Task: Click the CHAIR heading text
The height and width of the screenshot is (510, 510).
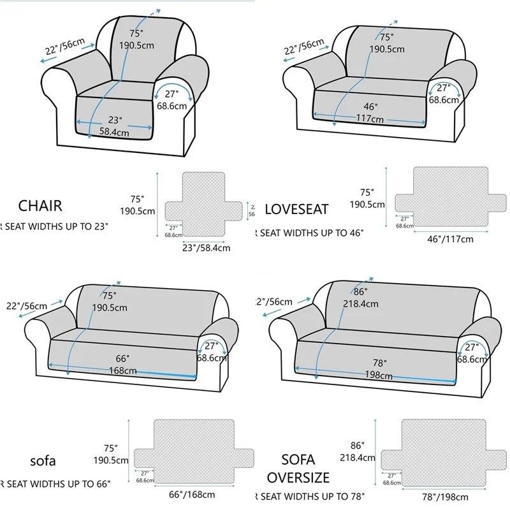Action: pyautogui.click(x=40, y=206)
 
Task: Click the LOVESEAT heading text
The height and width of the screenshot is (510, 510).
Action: pyautogui.click(x=296, y=209)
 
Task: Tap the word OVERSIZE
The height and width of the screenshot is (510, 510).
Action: pyautogui.click(x=298, y=477)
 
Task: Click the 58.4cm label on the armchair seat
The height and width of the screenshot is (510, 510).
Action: pyautogui.click(x=114, y=133)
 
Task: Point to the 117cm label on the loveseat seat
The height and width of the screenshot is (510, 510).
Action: pyautogui.click(x=369, y=119)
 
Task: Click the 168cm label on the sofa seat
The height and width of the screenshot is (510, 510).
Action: pyautogui.click(x=122, y=370)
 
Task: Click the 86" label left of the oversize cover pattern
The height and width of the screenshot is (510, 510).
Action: pyautogui.click(x=358, y=445)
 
